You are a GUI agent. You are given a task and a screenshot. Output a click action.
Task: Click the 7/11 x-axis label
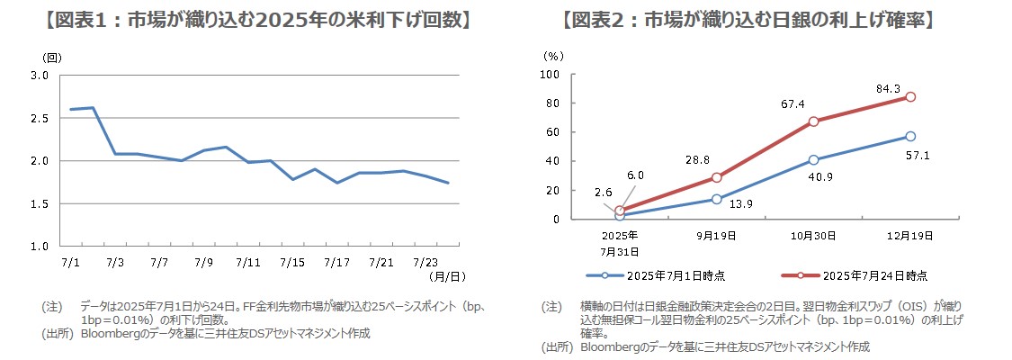tap(247, 262)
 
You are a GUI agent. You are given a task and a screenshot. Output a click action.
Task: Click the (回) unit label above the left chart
tap(53, 58)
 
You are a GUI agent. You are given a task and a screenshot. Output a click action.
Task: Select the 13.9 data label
tap(741, 204)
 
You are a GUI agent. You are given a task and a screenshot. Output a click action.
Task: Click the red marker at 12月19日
tap(910, 97)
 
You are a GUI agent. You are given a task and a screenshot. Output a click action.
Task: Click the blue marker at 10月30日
tap(813, 160)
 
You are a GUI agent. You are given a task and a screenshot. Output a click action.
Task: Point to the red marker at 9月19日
tap(716, 177)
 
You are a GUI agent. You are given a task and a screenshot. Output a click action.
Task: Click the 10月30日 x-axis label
tap(813, 236)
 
